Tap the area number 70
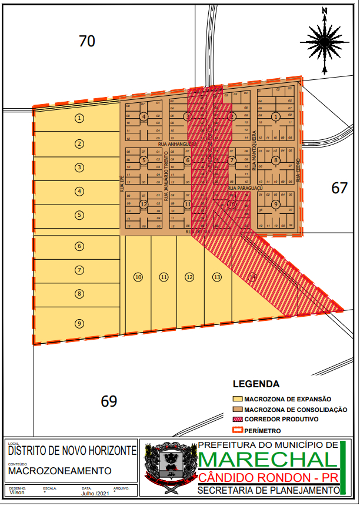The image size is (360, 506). coord(87,41)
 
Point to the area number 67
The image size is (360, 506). coord(339,188)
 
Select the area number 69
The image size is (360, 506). coord(109,401)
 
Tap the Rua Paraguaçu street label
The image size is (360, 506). coord(242,188)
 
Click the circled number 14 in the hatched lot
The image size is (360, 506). coord(252,277)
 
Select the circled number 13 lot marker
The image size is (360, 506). coord(217,277)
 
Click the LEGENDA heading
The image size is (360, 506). coord(256,385)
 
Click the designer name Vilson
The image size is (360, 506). coord(18,492)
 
